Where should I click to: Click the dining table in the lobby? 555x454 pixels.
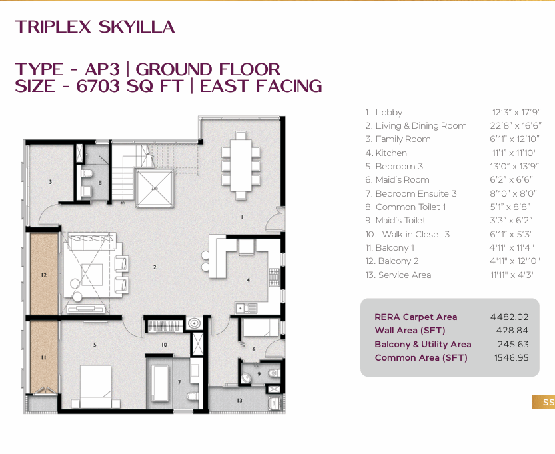(x=241, y=165)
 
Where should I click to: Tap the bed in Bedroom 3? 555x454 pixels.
(x=95, y=387)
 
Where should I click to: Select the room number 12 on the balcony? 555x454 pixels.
(x=44, y=275)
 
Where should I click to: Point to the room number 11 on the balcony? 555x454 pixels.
(x=44, y=357)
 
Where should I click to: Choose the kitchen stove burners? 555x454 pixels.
(x=274, y=277)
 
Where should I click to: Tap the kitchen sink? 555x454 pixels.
(x=247, y=309)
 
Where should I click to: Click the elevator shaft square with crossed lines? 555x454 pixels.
(x=155, y=188)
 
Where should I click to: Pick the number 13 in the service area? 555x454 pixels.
(x=239, y=401)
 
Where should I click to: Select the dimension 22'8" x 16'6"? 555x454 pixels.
(x=516, y=125)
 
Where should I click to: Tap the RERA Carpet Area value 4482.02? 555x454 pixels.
(x=509, y=317)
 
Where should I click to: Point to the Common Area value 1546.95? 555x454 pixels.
(x=511, y=357)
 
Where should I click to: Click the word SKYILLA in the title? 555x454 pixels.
(x=137, y=27)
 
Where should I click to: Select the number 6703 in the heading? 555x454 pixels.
(x=98, y=86)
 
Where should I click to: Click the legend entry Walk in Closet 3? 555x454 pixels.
(x=407, y=234)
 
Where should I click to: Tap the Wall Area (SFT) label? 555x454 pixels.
(x=410, y=331)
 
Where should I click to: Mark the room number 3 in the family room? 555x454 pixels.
(x=51, y=182)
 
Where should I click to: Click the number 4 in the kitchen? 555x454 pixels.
(x=248, y=280)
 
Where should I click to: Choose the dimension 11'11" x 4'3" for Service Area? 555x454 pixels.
(x=512, y=275)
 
